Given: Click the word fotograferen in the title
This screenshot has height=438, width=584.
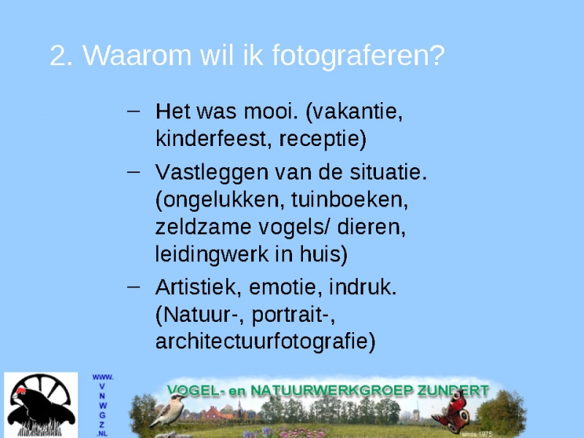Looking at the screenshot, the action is coord(358,56).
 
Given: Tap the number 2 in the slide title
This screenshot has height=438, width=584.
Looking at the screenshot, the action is coord(58,56).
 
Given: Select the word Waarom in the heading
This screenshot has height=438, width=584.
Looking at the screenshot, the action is coord(137,55).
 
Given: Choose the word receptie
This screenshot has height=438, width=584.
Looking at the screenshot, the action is coord(323,139).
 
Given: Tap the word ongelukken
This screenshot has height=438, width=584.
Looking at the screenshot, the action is coord(217,200).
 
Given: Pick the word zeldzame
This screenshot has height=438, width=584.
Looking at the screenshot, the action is coord(204,227).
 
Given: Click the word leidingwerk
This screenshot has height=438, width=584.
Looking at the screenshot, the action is coord(212,255).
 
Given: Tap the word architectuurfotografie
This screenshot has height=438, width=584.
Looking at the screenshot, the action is coord(265,341).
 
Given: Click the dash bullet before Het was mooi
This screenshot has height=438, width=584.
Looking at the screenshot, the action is coord(134,111).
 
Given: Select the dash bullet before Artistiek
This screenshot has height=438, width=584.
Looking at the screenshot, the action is coord(134,286).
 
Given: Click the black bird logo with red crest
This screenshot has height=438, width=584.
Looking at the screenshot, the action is coord(41,405).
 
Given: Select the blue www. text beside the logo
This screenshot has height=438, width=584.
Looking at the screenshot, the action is coord(103,377).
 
